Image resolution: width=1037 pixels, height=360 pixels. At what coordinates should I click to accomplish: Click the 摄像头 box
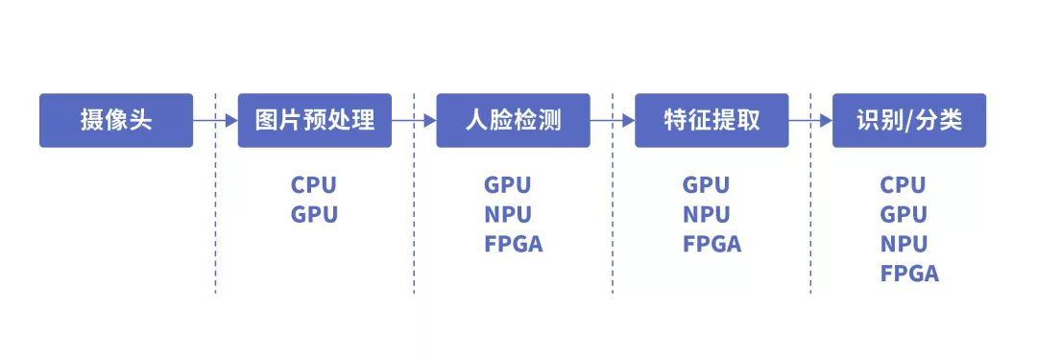115,120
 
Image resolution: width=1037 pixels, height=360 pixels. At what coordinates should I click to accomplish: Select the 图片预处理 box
315,120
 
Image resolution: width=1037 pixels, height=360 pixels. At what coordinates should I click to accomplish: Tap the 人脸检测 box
513,120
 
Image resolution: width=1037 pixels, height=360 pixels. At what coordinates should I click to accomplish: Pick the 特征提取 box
711,120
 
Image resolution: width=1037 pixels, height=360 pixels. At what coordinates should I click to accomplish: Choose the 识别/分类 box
909,120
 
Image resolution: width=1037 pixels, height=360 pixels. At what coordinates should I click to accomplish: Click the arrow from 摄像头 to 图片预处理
215,121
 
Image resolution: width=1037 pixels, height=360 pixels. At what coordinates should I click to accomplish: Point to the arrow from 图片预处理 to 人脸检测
414,121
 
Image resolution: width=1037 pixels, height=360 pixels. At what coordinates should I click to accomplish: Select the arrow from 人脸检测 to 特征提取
613,121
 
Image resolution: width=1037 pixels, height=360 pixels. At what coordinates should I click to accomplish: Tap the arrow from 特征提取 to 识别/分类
810,121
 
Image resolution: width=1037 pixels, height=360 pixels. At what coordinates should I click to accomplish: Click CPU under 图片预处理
315,185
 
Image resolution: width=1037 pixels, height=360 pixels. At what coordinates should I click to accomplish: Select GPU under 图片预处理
315,214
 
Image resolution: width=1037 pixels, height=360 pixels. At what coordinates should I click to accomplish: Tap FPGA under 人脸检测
514,244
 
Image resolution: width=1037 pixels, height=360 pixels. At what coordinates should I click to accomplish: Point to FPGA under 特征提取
712,244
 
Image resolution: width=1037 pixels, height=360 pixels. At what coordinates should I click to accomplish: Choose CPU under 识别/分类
904,185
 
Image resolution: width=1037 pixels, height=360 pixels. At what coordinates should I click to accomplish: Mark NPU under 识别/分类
904,244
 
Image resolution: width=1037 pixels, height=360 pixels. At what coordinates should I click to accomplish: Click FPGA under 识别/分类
909,274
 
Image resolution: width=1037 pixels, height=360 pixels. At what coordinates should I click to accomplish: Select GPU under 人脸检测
508,185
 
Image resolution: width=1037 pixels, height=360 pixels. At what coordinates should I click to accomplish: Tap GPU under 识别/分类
904,214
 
